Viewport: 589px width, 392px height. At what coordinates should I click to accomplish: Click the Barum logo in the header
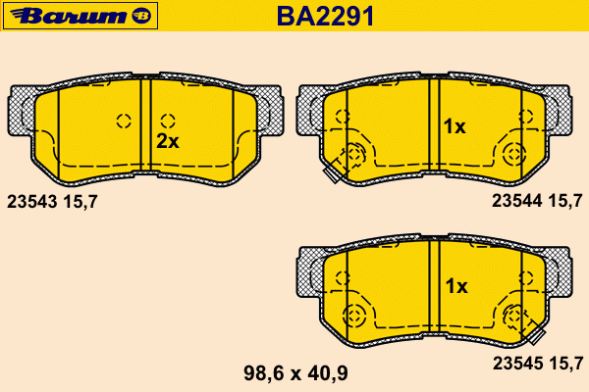pos(80,16)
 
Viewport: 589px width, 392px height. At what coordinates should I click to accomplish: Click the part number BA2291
pos(325,17)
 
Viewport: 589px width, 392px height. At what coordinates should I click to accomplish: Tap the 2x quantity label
pos(168,141)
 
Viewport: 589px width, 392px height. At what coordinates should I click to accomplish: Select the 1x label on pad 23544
pos(455,126)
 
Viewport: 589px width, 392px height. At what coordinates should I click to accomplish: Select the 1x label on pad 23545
pos(456,286)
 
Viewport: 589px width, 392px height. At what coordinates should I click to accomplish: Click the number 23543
pos(32,202)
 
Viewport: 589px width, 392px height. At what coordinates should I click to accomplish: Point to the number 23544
pos(517,201)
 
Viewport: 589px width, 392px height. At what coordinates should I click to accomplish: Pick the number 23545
pos(518,364)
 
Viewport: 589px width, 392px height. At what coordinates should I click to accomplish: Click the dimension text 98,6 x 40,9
pos(295,373)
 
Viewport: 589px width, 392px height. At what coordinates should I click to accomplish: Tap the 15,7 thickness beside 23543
pos(80,202)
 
